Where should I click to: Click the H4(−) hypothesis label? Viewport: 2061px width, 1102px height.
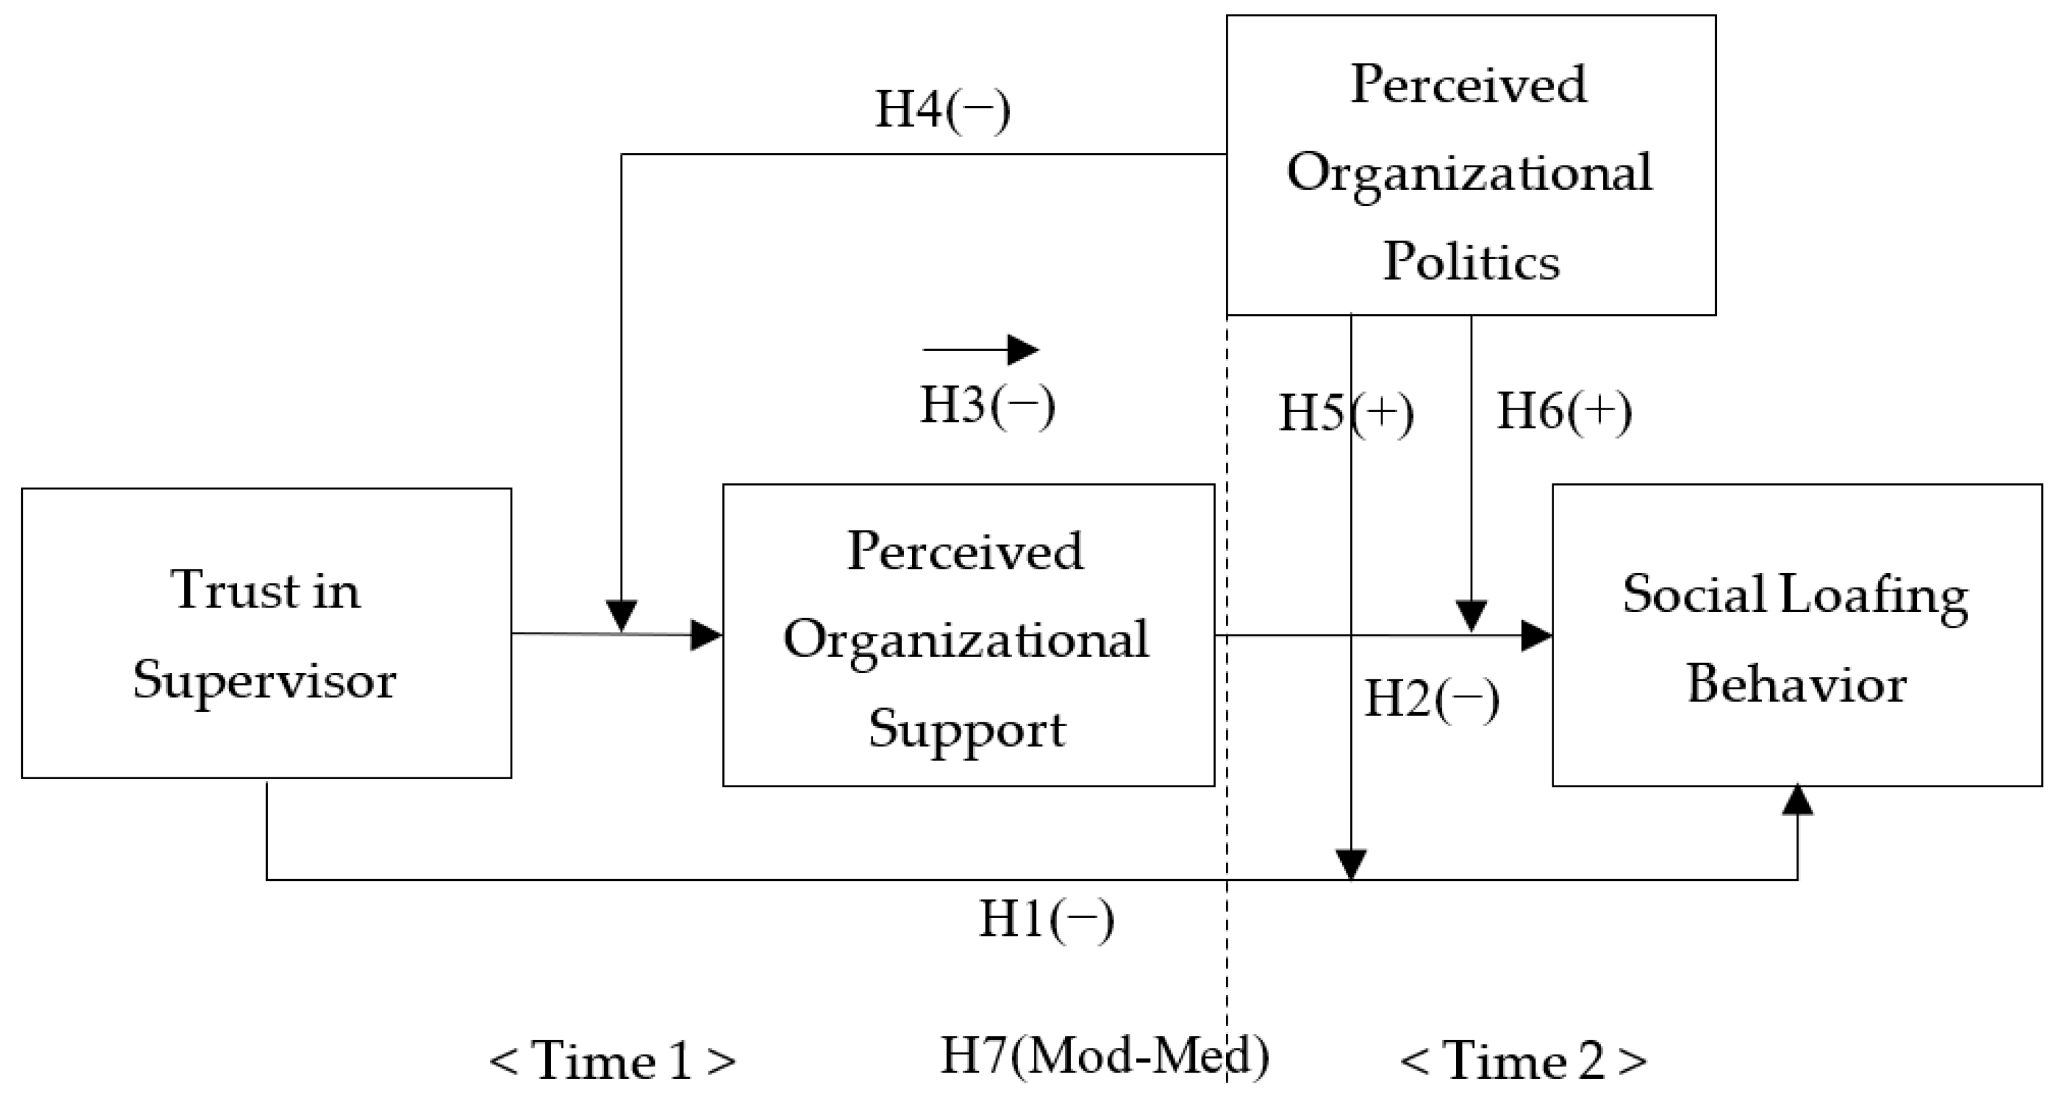coord(942,110)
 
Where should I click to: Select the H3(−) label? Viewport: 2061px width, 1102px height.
coord(987,405)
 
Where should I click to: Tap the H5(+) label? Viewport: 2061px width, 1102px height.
coord(1346,414)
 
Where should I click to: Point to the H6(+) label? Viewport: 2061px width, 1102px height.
coord(1564,412)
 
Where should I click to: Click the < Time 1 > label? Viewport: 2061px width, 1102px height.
coord(612,1061)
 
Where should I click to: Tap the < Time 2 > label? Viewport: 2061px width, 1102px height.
coord(1524,1061)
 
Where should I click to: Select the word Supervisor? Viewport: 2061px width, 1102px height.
coord(265,682)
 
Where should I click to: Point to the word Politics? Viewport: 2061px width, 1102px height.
coord(1471,262)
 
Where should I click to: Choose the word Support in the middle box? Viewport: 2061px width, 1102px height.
coord(967,730)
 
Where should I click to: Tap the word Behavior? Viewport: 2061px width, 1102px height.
coord(1796,685)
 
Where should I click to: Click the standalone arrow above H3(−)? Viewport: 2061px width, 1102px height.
coord(982,350)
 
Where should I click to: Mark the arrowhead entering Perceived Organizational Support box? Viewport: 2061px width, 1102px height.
coord(707,636)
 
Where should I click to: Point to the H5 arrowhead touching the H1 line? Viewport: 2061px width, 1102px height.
coord(1351,864)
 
